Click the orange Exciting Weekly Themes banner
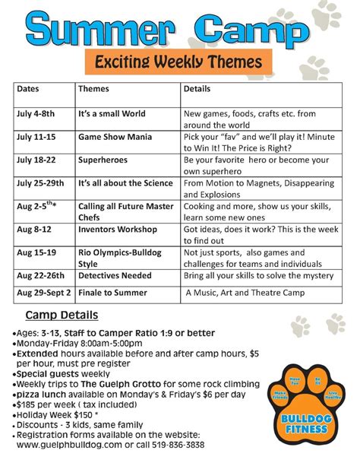[173, 61]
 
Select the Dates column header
[30, 89]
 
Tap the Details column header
[198, 89]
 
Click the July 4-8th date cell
[36, 113]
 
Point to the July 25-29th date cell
[41, 183]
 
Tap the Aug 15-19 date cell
[36, 251]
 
